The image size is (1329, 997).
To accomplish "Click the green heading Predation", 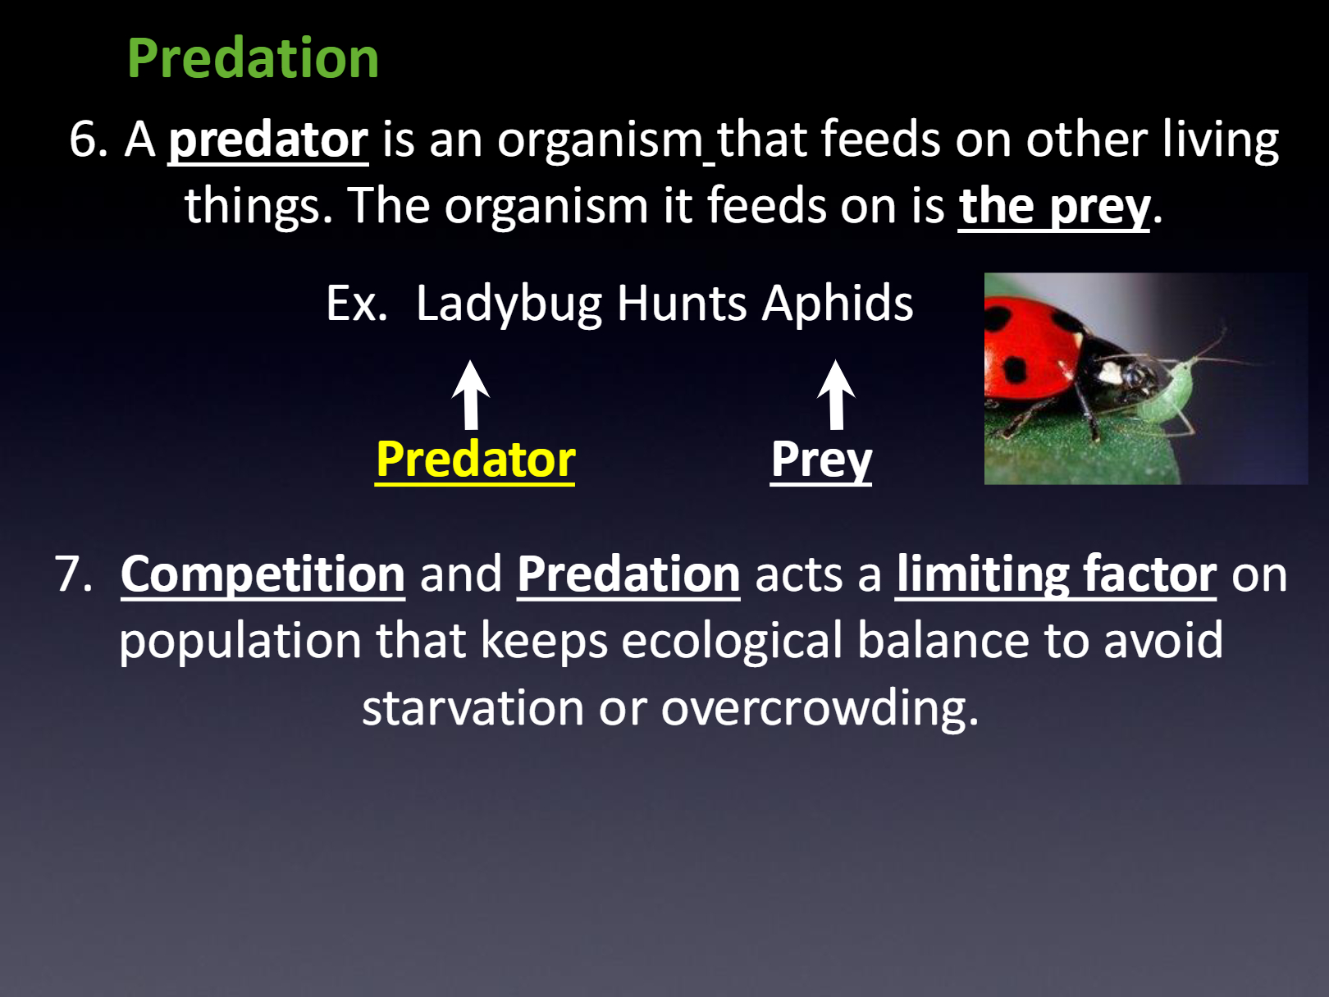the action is coord(253,58).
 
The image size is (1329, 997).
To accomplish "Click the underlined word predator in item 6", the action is coord(268,140).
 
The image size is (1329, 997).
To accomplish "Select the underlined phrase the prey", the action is coord(1053,207).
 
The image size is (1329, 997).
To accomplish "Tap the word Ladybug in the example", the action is coord(509,304).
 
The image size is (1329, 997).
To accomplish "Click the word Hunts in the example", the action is coord(682,304).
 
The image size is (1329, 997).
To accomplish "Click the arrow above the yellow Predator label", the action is coord(470,395).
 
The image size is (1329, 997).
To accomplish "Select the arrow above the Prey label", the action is coord(836,395).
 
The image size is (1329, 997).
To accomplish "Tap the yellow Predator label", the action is coord(475,460).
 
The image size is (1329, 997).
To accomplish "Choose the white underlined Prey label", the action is coord(821,460).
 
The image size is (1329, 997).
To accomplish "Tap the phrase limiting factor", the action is coord(1056,574).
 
